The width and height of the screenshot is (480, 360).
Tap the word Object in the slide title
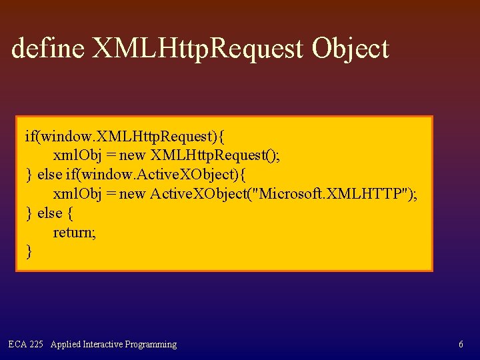point(350,48)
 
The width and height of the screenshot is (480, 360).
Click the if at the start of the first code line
point(31,137)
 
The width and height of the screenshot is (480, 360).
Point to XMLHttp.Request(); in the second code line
point(216,155)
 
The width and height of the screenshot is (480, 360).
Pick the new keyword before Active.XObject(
point(132,194)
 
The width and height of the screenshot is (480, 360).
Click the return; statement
point(74,232)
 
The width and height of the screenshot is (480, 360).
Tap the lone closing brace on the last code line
point(29,251)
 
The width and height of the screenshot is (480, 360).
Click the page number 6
point(461,345)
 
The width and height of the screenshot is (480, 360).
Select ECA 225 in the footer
point(26,345)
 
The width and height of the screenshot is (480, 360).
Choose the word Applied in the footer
point(65,345)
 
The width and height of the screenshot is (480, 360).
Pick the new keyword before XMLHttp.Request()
point(132,155)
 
